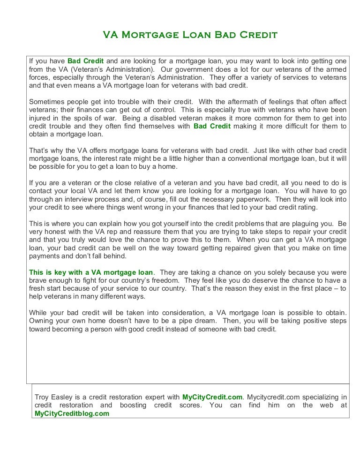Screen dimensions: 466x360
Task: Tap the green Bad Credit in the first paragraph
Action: tap(85, 61)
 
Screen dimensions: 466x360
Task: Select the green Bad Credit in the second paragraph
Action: tap(212, 126)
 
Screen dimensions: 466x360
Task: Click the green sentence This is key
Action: tap(91, 272)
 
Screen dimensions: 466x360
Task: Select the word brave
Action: tap(39, 280)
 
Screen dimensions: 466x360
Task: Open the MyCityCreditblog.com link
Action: tap(72, 413)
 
